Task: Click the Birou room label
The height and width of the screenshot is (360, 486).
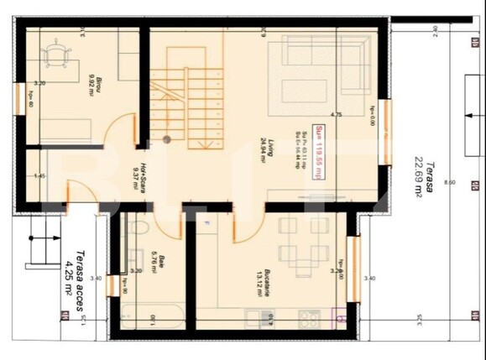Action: click(95, 83)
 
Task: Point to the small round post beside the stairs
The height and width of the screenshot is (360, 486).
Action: click(167, 138)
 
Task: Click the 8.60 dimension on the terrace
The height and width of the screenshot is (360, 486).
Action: click(451, 180)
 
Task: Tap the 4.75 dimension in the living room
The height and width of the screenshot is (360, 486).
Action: click(336, 115)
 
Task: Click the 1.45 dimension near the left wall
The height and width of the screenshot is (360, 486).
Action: click(39, 175)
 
